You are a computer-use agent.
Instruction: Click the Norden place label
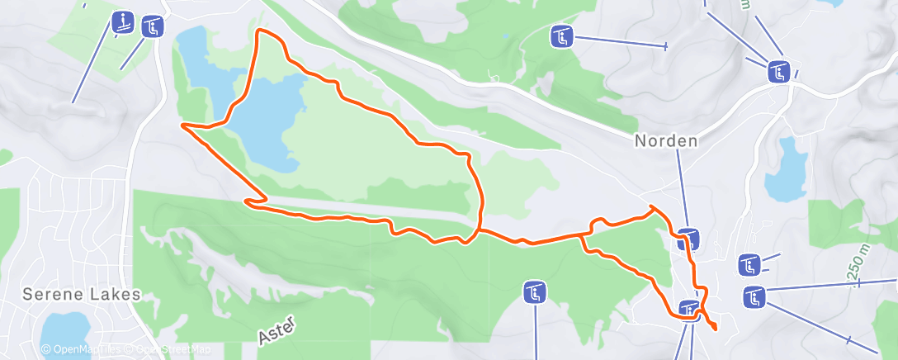[665, 141]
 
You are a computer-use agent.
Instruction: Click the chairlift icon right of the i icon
[153, 27]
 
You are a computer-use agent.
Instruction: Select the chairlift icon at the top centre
[561, 36]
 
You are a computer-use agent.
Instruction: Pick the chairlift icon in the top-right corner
[778, 72]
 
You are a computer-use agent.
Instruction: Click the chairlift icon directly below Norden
[689, 239]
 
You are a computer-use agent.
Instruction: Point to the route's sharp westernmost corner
[182, 126]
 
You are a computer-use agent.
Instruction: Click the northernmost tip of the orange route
[262, 31]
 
